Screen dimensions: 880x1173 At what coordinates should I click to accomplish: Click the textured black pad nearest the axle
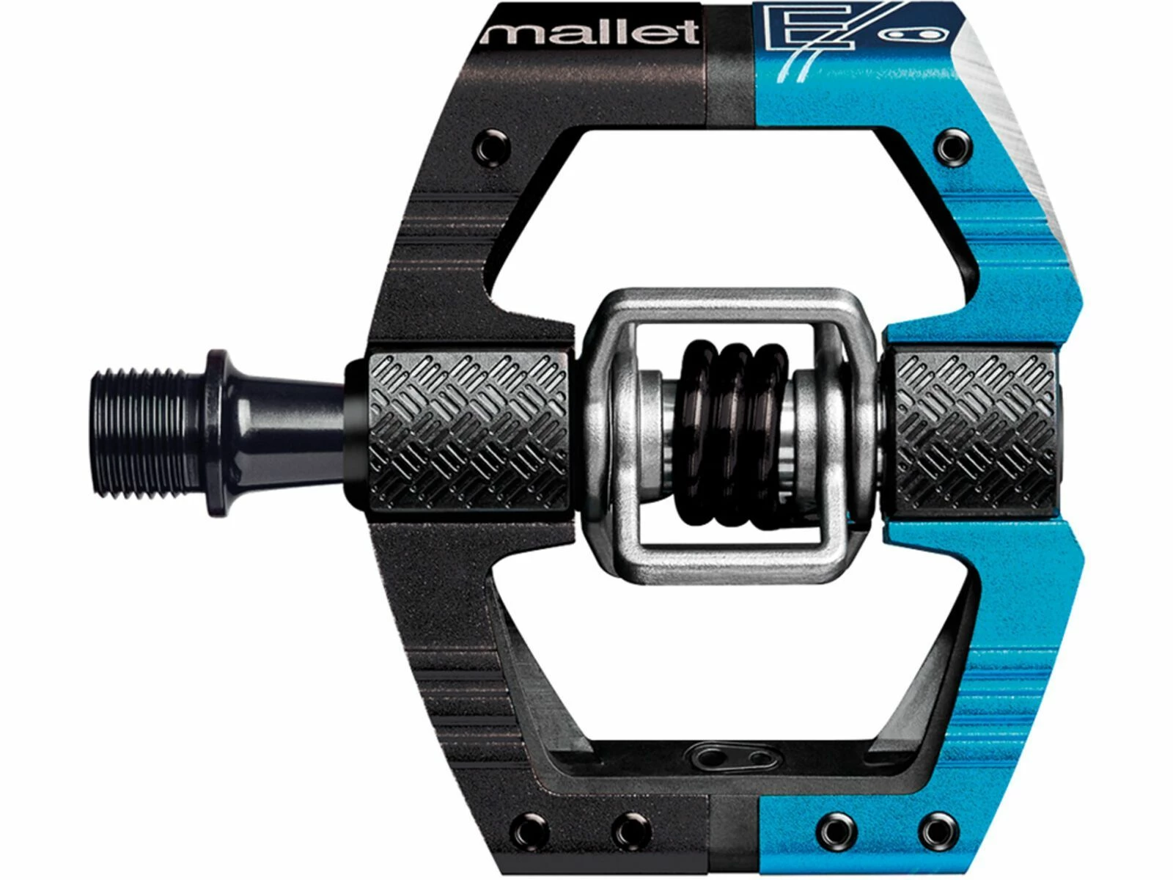[469, 433]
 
